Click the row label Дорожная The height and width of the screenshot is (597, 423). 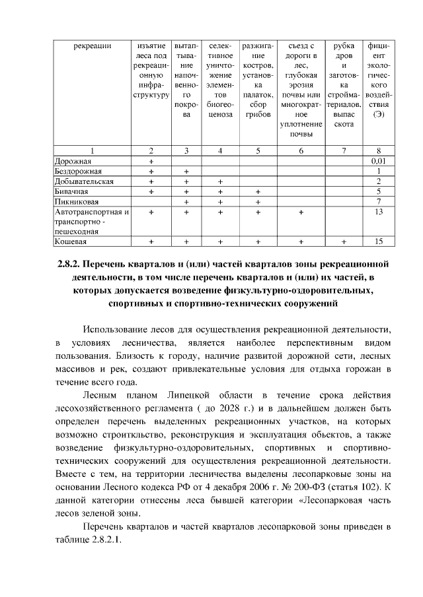[74, 160]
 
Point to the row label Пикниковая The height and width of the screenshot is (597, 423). [77, 201]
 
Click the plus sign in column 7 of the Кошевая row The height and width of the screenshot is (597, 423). [344, 241]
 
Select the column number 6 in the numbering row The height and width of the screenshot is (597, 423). [301, 150]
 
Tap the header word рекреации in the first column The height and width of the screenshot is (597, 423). [92, 46]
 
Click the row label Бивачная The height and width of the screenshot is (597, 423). [72, 191]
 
